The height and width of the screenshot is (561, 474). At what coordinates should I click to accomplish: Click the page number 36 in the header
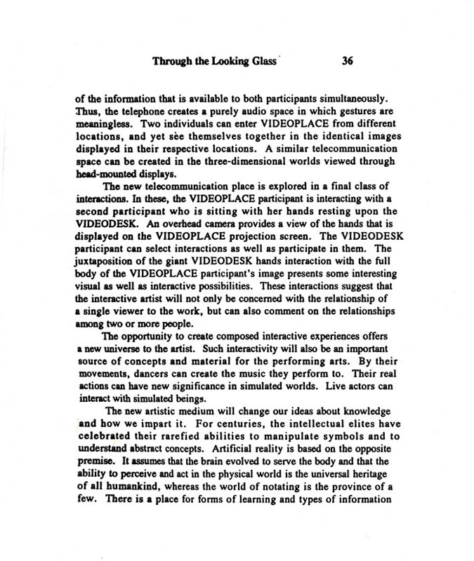346,60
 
